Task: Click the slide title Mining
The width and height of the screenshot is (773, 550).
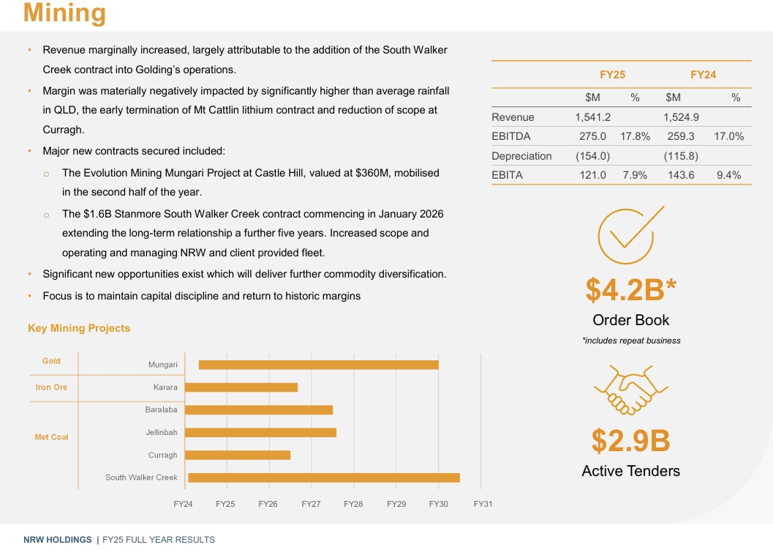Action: click(64, 13)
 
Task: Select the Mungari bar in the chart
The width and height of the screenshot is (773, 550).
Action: click(318, 365)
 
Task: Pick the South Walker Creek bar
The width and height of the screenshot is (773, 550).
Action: click(323, 477)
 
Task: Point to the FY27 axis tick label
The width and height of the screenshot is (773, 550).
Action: click(311, 504)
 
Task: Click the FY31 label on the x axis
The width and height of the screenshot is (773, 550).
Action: click(483, 504)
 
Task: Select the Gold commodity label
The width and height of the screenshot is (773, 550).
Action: click(51, 361)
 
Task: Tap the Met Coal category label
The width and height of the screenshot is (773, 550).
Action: click(51, 437)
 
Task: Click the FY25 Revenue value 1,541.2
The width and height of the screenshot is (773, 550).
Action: click(593, 117)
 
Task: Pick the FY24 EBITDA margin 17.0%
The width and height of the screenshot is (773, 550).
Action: click(729, 136)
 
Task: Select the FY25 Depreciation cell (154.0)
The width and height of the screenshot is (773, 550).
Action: click(592, 156)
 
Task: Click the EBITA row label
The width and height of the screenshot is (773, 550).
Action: click(507, 175)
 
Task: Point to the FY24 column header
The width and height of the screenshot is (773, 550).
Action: click(703, 75)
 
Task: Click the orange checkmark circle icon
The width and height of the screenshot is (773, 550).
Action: click(625, 236)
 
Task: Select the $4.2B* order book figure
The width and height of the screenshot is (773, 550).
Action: click(630, 289)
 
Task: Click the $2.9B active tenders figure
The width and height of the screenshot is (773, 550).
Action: click(630, 440)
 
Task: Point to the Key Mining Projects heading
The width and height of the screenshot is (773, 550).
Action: click(79, 328)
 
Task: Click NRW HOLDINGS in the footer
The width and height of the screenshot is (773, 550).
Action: click(57, 540)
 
